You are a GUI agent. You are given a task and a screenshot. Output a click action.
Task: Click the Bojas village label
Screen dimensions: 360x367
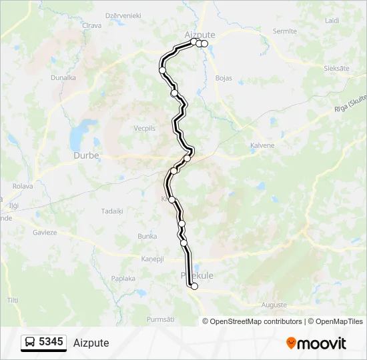[x=224, y=78]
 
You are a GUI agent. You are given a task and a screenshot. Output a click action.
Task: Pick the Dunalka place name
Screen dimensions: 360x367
[x=63, y=77]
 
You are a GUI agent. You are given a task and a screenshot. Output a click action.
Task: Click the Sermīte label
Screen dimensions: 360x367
[x=285, y=31]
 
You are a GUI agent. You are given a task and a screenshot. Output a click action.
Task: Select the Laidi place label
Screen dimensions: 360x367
[x=332, y=21]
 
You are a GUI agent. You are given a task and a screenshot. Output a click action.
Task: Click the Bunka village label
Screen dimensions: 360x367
[x=147, y=236]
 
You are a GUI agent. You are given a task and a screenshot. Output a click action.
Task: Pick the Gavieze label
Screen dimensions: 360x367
[x=45, y=233]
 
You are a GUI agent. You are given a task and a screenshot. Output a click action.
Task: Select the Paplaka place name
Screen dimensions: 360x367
[x=123, y=278]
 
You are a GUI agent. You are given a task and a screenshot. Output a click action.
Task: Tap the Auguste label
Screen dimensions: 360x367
[x=274, y=305]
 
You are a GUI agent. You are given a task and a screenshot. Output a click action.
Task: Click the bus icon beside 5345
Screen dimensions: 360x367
[x=31, y=343]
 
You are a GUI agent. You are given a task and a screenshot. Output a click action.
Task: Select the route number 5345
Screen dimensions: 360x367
[x=51, y=342]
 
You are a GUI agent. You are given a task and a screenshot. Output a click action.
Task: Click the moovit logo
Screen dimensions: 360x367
[x=316, y=343]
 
